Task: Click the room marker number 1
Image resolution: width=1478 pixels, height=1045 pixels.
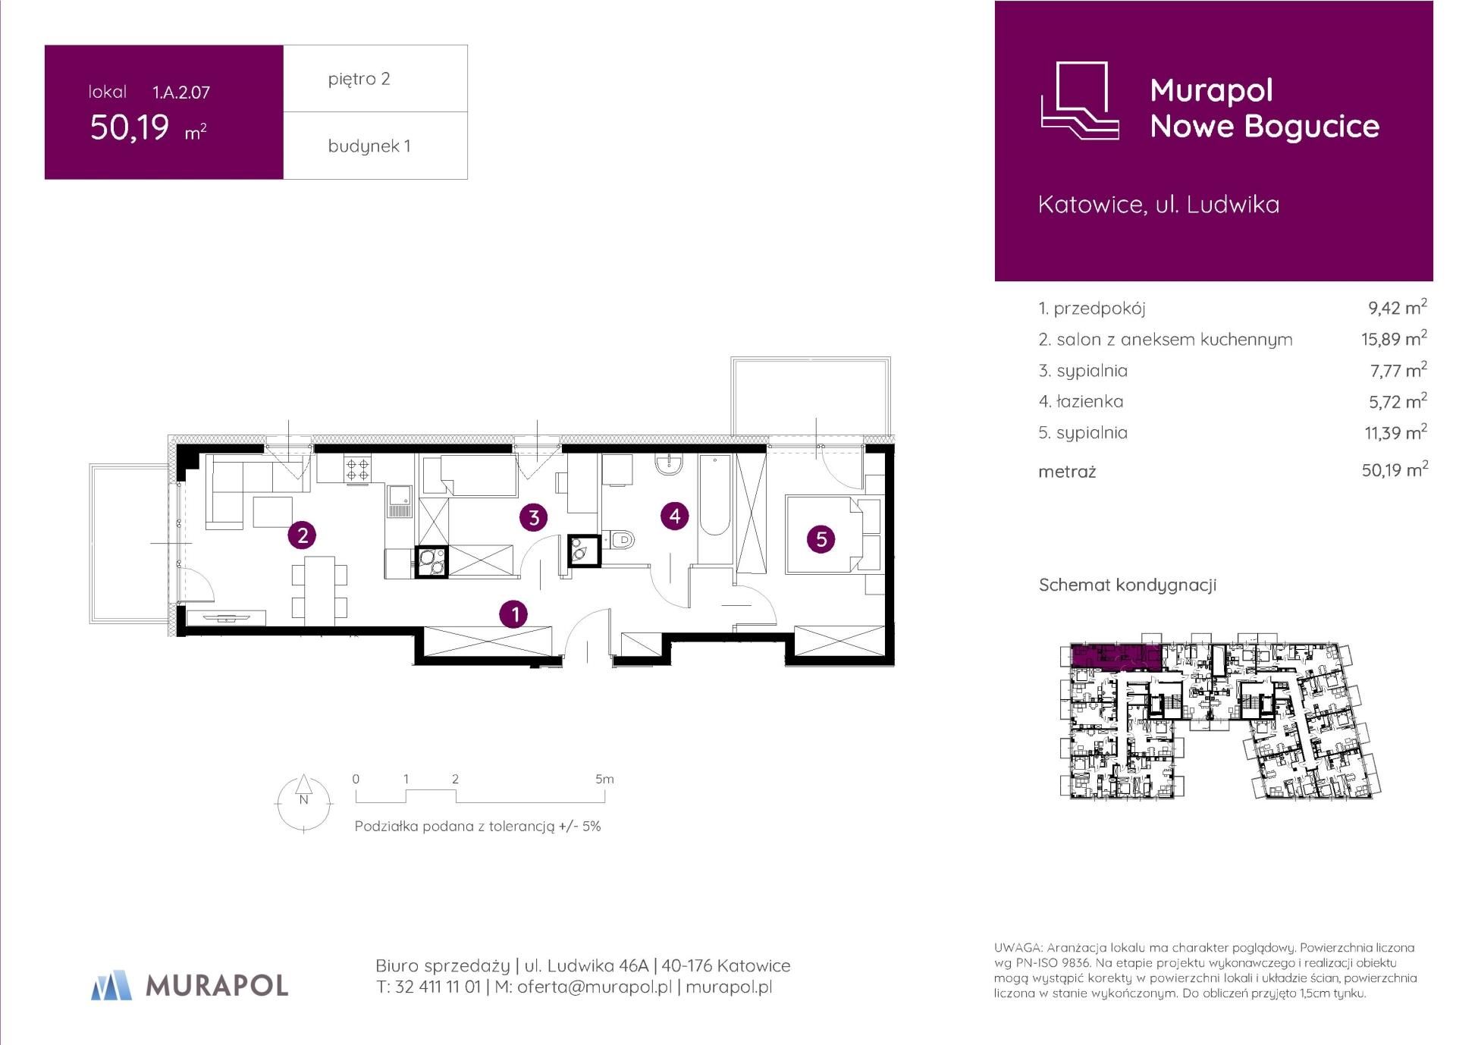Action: (515, 614)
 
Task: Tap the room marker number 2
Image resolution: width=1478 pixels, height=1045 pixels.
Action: (303, 535)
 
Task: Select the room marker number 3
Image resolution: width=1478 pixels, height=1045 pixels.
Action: (534, 517)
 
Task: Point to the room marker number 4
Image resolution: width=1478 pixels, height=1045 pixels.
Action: (675, 516)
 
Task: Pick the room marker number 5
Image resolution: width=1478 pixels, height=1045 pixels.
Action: (821, 539)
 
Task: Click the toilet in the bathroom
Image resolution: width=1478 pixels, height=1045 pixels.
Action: (620, 541)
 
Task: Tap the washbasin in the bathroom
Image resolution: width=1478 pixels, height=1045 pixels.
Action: (670, 464)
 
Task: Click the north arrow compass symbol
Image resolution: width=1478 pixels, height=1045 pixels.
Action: (303, 802)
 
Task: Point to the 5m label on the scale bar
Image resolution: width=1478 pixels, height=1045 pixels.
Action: (604, 779)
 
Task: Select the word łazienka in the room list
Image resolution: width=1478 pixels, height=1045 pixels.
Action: (1090, 401)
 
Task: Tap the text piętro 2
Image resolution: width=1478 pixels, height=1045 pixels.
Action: (359, 79)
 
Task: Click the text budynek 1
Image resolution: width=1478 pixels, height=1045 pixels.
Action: (369, 146)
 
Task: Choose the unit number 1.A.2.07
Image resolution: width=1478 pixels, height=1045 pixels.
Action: (181, 93)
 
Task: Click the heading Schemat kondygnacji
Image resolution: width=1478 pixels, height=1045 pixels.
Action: (1128, 585)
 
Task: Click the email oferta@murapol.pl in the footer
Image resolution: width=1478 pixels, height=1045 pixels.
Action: (595, 987)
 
